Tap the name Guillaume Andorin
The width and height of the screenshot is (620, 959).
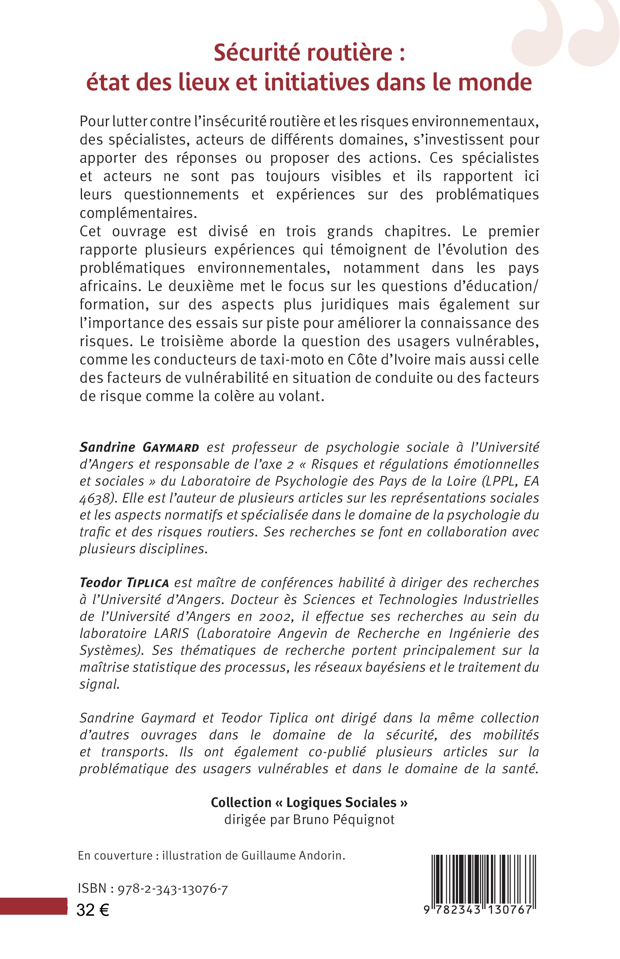click(x=293, y=867)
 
